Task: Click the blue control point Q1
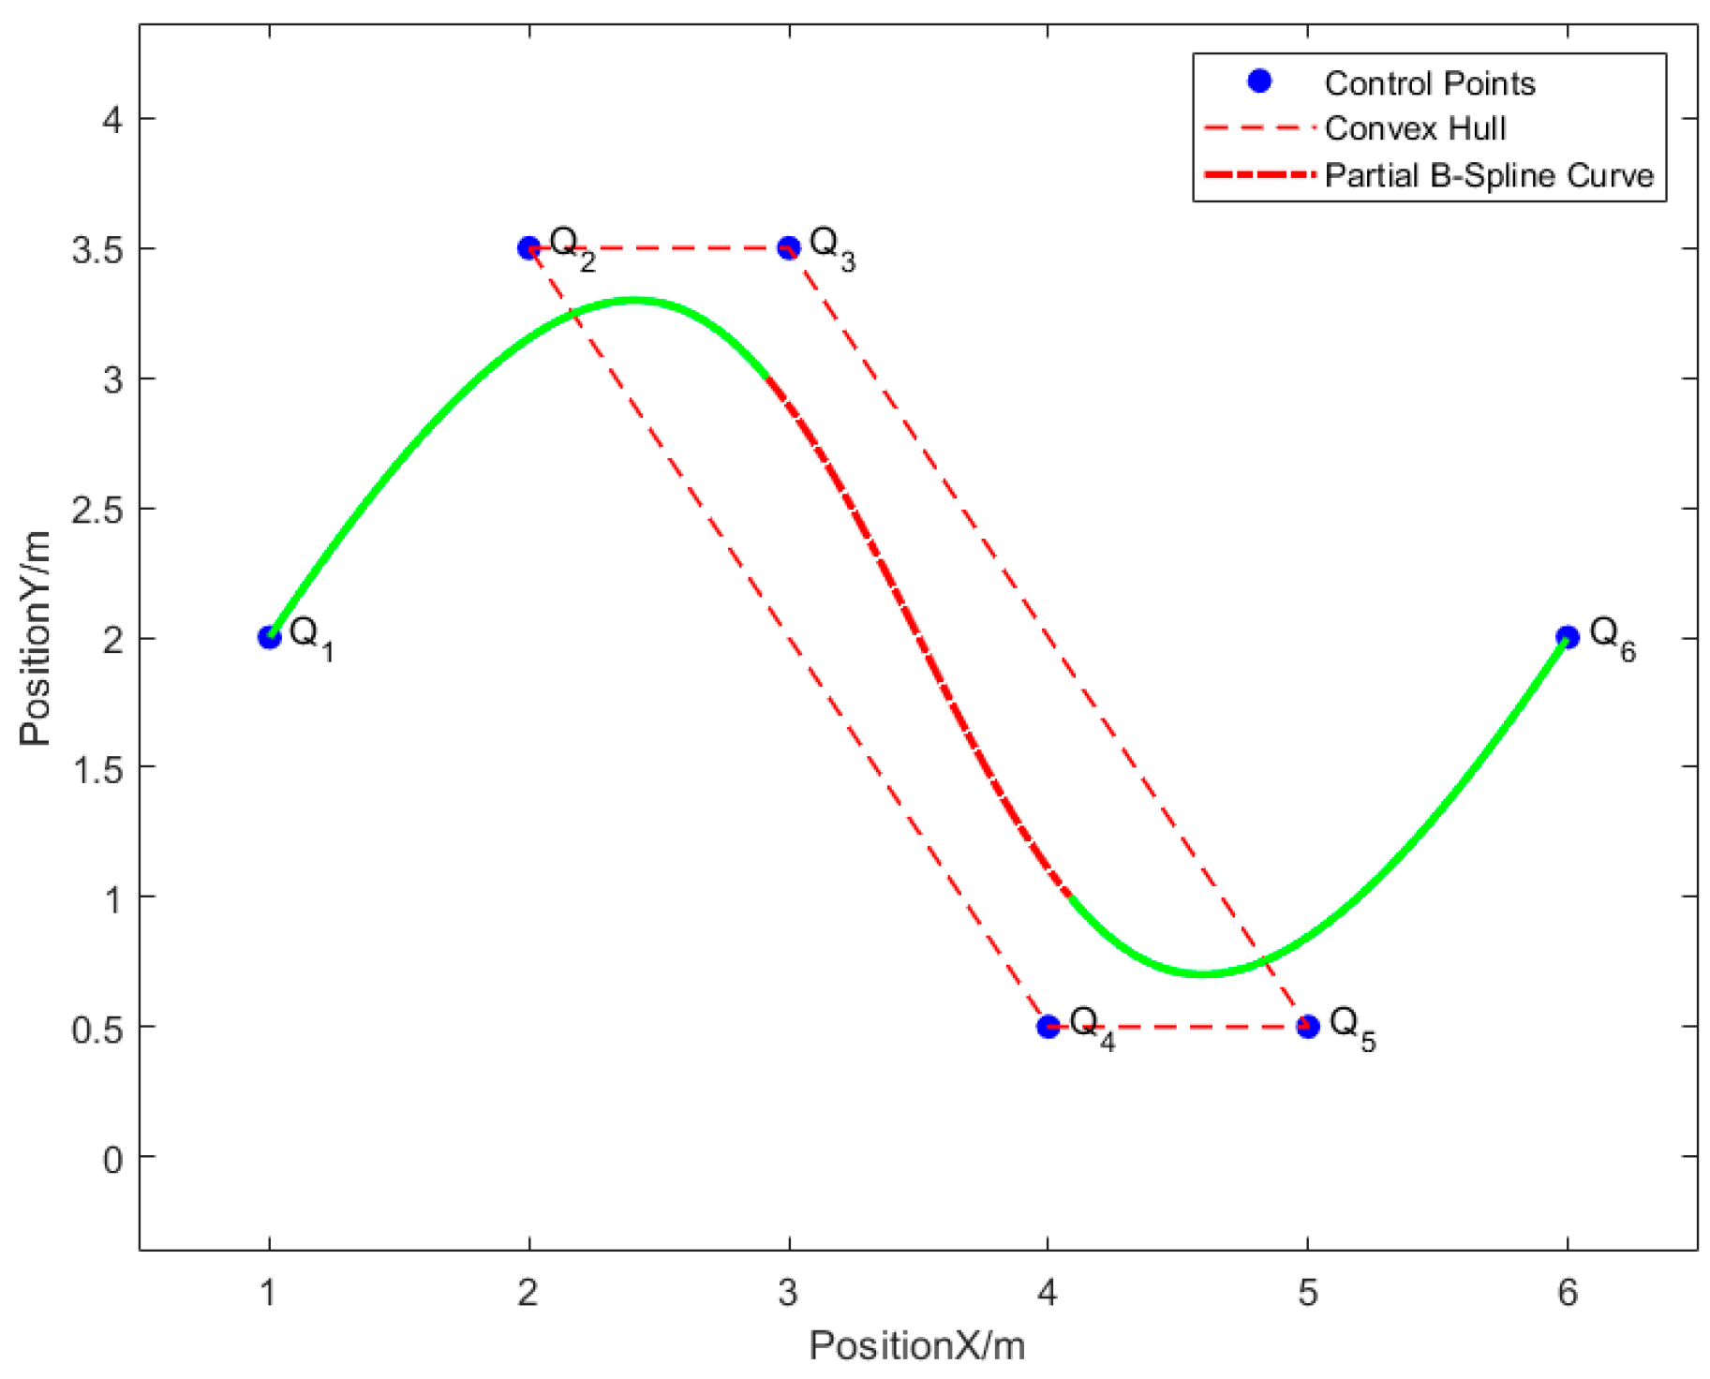click(x=270, y=638)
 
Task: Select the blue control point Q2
click(x=529, y=248)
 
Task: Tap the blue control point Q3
click(x=789, y=248)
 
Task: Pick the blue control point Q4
click(x=1048, y=1027)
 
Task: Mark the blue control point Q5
click(x=1308, y=1027)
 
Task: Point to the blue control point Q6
click(x=1568, y=638)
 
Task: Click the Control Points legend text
click(x=1430, y=83)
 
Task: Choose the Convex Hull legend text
click(x=1415, y=128)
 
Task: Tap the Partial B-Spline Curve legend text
click(x=1489, y=175)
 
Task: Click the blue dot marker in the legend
click(x=1260, y=82)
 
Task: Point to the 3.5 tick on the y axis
click(x=97, y=249)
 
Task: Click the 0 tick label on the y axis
click(x=112, y=1159)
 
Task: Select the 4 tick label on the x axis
click(x=1048, y=1293)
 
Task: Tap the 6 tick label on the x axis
click(x=1568, y=1293)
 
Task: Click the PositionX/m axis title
click(x=916, y=1346)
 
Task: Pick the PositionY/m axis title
click(x=36, y=638)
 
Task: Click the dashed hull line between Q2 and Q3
click(x=659, y=248)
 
